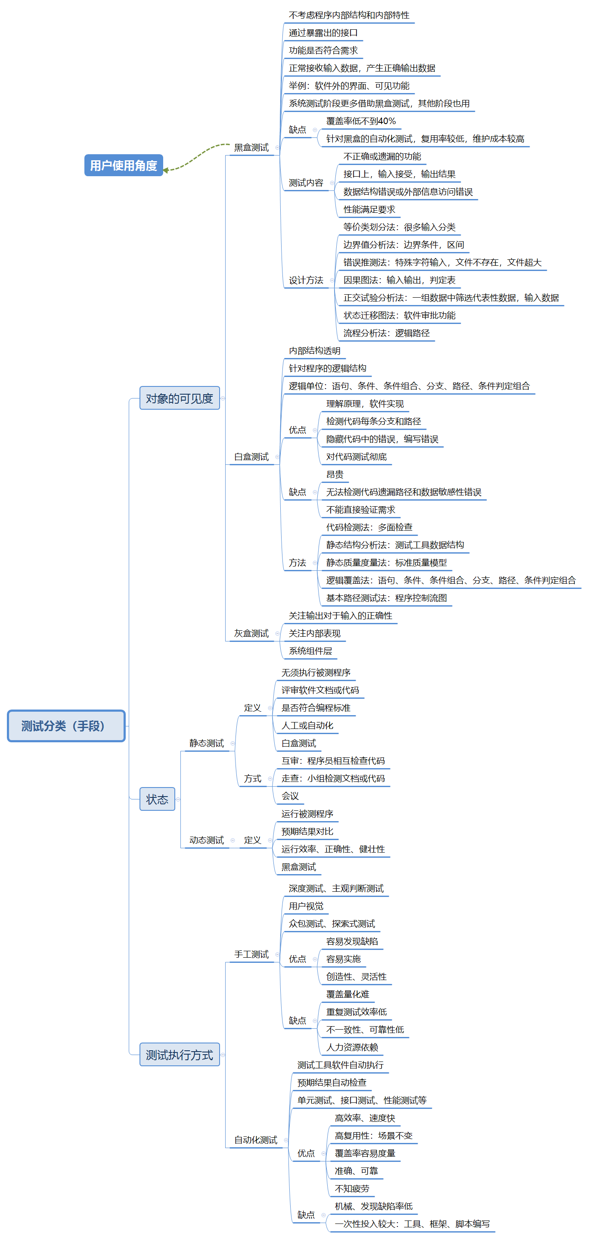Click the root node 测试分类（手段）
(66, 725)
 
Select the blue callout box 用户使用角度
(124, 165)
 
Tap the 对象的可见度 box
(180, 398)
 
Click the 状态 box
(157, 799)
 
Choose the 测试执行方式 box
(180, 1054)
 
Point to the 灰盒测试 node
(251, 633)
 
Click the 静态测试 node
(206, 743)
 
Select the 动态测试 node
(206, 840)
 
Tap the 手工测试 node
(251, 954)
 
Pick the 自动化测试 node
(255, 1140)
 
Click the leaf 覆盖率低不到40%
(361, 121)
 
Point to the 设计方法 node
(306, 280)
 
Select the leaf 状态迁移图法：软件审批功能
(399, 315)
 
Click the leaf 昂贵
(335, 475)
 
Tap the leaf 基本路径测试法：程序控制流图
(386, 598)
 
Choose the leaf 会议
(290, 796)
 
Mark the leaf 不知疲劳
(352, 1189)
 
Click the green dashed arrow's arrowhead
(166, 170)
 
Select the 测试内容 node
(306, 183)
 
